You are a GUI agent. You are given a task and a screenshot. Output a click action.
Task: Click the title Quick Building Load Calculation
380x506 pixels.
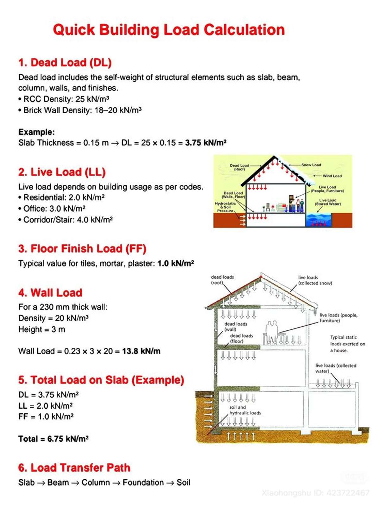[x=169, y=30]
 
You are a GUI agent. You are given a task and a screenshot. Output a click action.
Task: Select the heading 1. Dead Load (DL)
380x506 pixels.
[x=65, y=63]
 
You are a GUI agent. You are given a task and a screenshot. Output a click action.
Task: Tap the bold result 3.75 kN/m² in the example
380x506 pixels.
[x=206, y=143]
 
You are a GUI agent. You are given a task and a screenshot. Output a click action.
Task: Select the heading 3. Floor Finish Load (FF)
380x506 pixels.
[x=82, y=249]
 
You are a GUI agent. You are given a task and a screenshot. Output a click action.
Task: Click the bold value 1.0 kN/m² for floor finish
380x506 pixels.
[x=175, y=264]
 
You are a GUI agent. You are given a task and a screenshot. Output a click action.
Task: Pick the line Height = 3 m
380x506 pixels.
[x=42, y=329]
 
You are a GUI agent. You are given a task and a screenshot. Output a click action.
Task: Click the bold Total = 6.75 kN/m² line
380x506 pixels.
[x=53, y=439]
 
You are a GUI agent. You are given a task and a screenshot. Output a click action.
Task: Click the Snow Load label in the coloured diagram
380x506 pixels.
[x=311, y=165]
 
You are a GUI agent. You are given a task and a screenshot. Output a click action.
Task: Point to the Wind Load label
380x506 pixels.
[x=332, y=176]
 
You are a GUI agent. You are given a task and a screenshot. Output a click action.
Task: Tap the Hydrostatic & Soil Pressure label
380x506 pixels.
[x=225, y=207]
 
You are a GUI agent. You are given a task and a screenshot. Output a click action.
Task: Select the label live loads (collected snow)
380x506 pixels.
[x=315, y=280]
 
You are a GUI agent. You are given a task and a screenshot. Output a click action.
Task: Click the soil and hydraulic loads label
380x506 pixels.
[x=245, y=410]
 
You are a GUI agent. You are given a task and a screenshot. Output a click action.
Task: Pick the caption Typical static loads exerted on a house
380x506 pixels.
[x=347, y=344]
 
